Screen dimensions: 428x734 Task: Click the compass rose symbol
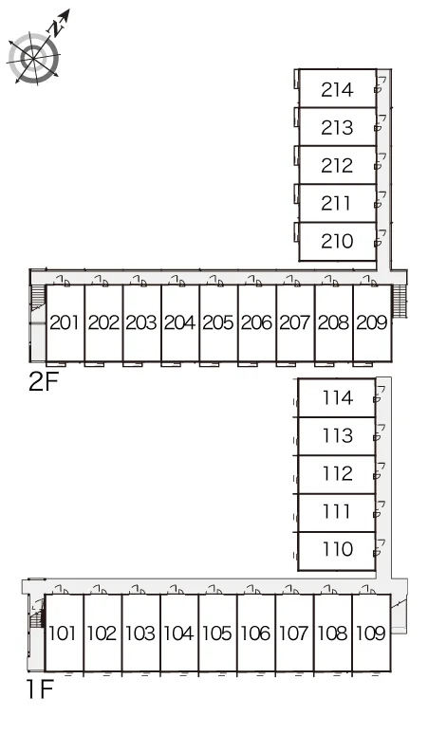34,59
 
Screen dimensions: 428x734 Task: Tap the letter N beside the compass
56,29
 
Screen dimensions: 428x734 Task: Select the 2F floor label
44,381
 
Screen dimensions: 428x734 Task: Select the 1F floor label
40,688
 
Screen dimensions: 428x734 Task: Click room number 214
337,89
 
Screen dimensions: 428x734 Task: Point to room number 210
337,241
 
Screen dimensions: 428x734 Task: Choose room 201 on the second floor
65,322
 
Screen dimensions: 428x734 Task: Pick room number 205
217,322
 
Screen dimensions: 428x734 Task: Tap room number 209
372,322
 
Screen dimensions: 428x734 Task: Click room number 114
338,398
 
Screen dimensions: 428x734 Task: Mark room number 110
338,549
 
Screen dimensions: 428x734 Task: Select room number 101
63,633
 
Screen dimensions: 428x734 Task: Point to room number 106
256,633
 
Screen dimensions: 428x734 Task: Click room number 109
371,633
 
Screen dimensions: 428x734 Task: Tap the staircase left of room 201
37,300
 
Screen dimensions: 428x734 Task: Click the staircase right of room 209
399,301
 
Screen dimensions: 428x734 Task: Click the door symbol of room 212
381,161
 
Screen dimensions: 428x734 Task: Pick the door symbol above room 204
177,281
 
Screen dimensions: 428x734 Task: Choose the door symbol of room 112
380,471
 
